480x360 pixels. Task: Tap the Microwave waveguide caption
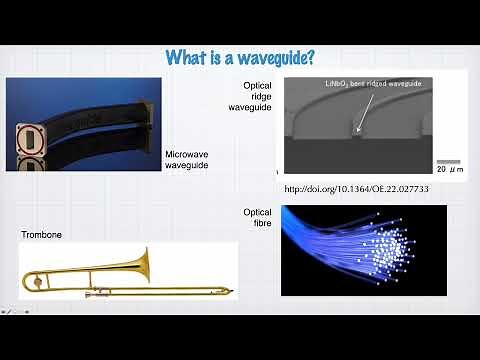188,160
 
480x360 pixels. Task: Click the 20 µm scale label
448,170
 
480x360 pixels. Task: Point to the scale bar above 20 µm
448,161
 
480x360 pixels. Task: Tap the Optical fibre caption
257,217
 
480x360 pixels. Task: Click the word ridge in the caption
258,96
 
